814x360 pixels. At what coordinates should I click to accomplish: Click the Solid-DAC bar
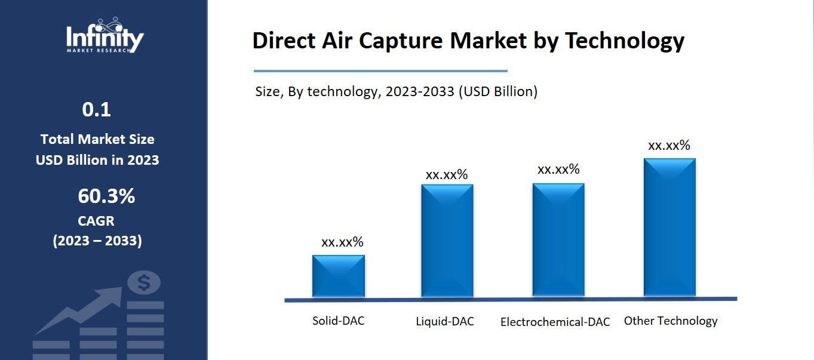click(338, 276)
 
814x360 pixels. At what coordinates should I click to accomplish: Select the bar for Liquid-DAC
click(447, 241)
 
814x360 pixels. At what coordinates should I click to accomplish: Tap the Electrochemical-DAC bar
click(558, 239)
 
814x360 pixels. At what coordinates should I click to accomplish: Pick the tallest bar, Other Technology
click(669, 227)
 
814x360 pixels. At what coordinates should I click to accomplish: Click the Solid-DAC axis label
click(338, 321)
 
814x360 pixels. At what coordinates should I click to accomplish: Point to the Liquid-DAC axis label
click(445, 322)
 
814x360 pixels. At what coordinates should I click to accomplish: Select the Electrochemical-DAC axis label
click(555, 322)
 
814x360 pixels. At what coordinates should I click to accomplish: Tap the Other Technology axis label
click(671, 321)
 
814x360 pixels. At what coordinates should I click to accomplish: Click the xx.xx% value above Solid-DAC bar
click(342, 242)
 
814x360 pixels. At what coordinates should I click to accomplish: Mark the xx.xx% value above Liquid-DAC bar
click(447, 175)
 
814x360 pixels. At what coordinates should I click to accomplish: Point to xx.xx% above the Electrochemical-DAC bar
click(558, 170)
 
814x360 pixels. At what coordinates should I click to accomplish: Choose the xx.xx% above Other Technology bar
click(669, 146)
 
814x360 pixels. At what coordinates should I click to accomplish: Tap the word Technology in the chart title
click(624, 41)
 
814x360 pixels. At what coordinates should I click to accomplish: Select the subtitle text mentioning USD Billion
click(396, 92)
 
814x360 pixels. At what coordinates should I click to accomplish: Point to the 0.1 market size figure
click(97, 110)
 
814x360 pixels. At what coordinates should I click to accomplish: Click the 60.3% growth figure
click(106, 196)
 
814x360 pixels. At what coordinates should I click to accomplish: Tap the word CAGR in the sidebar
click(96, 221)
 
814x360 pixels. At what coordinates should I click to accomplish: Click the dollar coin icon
click(144, 283)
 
